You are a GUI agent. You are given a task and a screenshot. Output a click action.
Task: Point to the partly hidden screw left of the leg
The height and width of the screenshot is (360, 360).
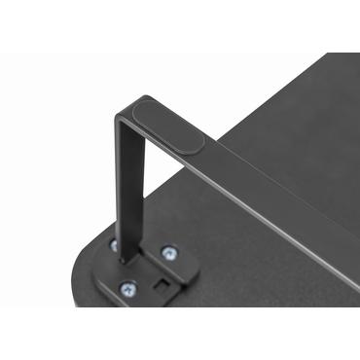[114, 244]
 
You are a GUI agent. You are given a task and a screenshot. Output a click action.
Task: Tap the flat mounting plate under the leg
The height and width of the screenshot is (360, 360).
[146, 277]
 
